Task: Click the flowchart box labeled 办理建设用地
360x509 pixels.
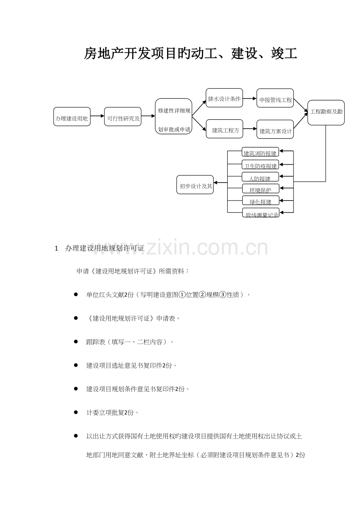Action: click(72, 116)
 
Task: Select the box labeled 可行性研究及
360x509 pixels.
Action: click(123, 116)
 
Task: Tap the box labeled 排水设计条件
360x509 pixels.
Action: click(224, 98)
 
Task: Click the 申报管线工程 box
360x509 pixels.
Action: click(275, 98)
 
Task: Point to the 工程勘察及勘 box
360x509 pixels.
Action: click(326, 113)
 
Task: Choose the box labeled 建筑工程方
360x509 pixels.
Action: click(225, 129)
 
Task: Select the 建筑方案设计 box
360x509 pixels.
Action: click(275, 129)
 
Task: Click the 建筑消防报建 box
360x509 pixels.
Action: click(260, 152)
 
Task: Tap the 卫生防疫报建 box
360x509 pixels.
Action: click(260, 165)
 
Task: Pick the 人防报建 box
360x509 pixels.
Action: click(260, 177)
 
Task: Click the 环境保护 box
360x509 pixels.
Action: click(261, 188)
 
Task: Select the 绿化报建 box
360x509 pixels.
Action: click(261, 200)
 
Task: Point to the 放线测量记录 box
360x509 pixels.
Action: click(261, 212)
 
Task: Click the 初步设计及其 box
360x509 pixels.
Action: click(195, 185)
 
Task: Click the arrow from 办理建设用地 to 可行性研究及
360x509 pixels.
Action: click(97, 116)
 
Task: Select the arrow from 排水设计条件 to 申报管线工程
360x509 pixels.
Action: click(250, 99)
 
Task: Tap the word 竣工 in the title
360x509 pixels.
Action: click(284, 54)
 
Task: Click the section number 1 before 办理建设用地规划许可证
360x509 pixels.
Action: click(56, 249)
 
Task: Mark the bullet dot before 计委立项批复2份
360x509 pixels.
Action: click(76, 412)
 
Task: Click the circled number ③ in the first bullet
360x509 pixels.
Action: click(223, 295)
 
